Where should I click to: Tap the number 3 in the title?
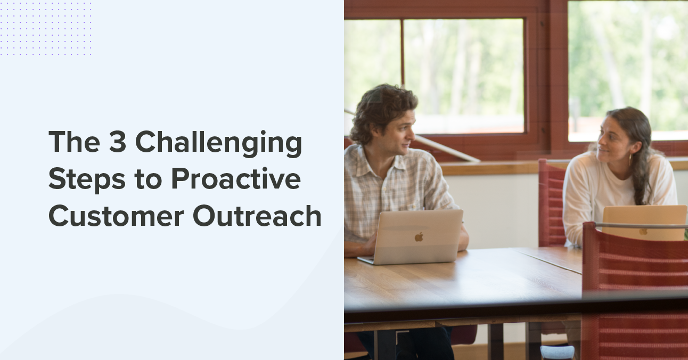coord(117,142)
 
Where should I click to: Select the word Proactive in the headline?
coord(235,179)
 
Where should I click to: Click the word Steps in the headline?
coord(87,181)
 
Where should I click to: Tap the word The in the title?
coord(74,142)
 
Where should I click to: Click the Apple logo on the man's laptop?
coord(419,237)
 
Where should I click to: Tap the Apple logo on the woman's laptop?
coord(643,231)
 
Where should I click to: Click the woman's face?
coord(610,143)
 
